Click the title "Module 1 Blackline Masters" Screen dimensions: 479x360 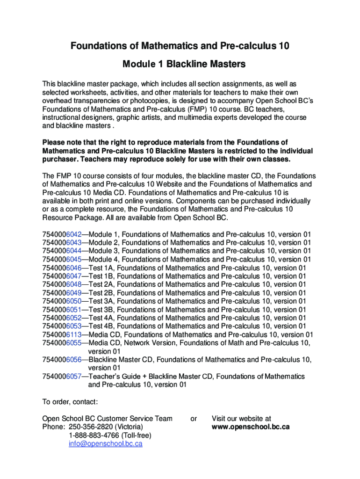tap(180, 64)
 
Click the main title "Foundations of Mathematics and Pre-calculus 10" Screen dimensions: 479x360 tap(180, 46)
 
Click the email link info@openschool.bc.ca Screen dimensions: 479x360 tap(105, 443)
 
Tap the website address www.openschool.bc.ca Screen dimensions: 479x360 tap(251, 427)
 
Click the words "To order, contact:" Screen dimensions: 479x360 tap(70, 402)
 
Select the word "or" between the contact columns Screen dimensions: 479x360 tap(194, 419)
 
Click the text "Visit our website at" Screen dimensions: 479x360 tap(241, 419)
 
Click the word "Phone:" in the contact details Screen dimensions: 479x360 tap(53, 427)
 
